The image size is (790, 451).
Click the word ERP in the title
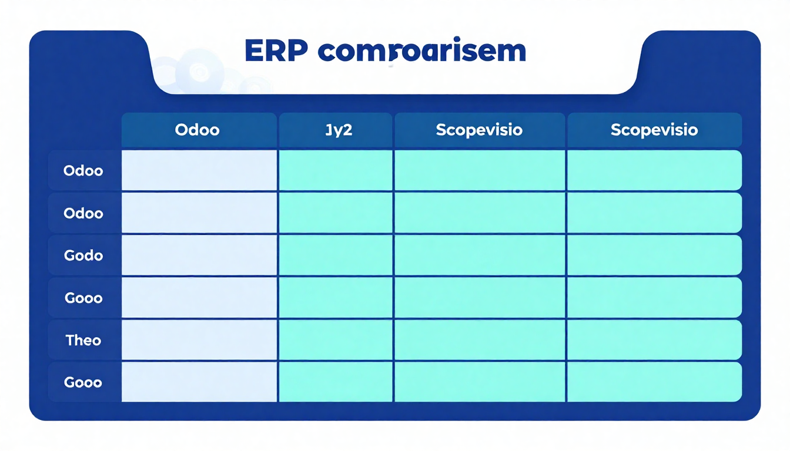(276, 52)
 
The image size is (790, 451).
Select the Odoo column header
(198, 130)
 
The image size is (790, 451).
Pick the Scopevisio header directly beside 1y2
(479, 130)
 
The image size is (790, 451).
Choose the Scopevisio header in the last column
(654, 130)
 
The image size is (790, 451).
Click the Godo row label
(83, 255)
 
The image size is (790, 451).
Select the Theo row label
(83, 340)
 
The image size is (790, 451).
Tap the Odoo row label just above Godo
(83, 213)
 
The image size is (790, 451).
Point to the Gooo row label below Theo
(83, 382)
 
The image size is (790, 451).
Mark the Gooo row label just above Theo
(83, 298)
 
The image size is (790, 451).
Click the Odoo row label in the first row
(83, 171)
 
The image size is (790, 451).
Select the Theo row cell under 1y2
(336, 340)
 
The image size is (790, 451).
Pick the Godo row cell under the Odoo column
(199, 255)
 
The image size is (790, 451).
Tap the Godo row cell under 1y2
(336, 255)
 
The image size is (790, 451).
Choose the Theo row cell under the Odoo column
(199, 340)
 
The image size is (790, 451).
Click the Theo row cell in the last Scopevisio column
(654, 340)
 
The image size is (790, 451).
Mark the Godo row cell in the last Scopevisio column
(654, 255)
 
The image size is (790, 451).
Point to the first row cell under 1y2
(336, 170)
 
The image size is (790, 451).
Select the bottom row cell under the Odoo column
(199, 382)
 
